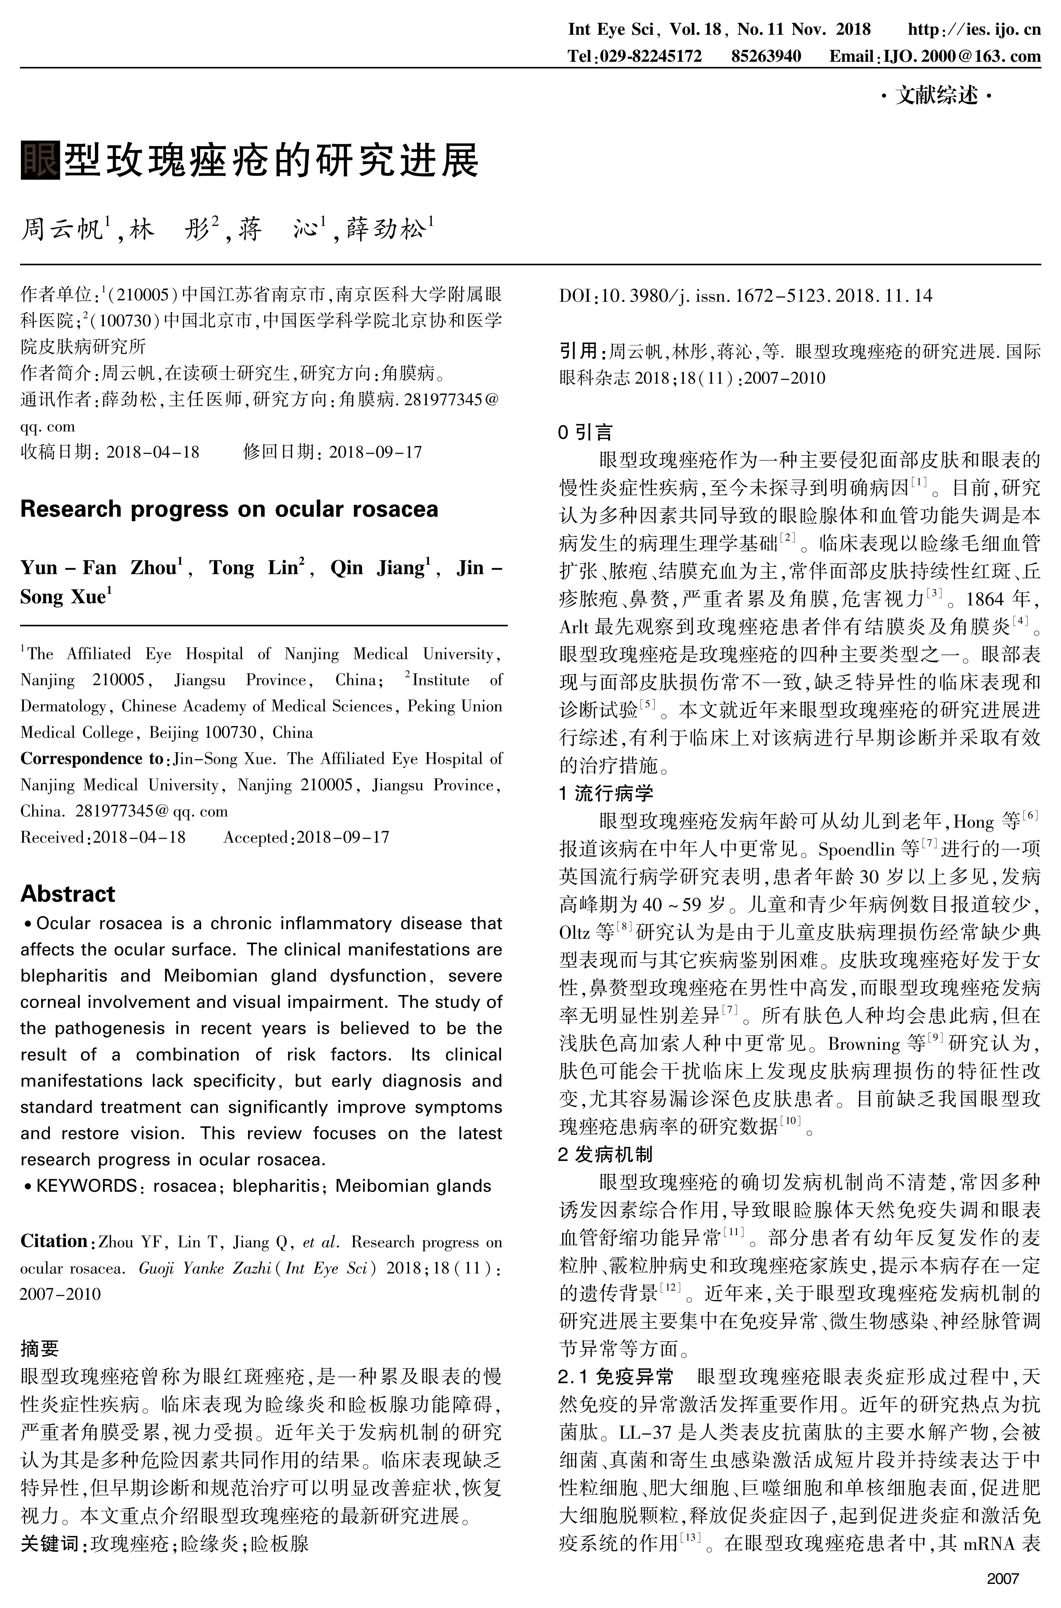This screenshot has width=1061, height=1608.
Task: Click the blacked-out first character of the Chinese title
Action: click(41, 160)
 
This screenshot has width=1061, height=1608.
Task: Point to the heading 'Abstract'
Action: click(68, 894)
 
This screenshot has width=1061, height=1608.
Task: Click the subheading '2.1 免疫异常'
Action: click(616, 1377)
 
